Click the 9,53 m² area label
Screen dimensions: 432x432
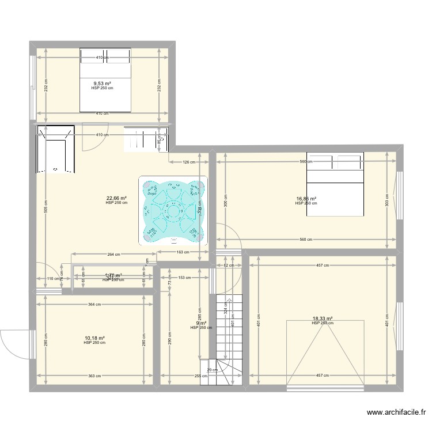point(103,84)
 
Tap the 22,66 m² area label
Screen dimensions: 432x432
point(116,198)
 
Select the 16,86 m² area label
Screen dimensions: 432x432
point(306,199)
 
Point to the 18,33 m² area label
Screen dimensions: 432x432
point(323,319)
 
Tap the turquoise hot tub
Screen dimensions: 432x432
point(172,210)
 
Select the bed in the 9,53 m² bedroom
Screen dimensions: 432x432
point(105,80)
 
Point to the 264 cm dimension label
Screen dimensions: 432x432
point(113,254)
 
